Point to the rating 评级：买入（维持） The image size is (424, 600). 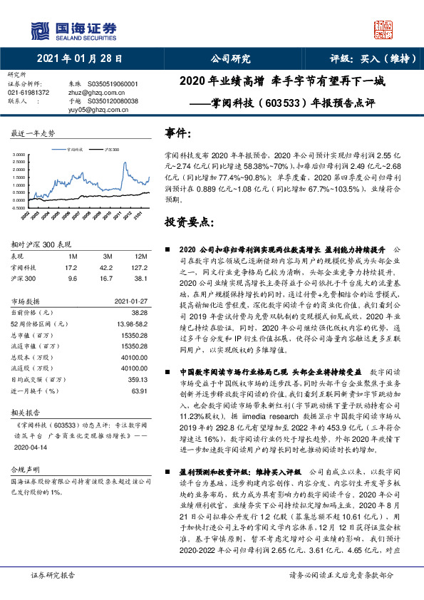pyautogui.click(x=367, y=59)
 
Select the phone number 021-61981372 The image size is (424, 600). pyautogui.click(x=29, y=93)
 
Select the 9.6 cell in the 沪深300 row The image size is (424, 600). pyautogui.click(x=71, y=279)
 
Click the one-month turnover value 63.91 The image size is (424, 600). pyautogui.click(x=138, y=391)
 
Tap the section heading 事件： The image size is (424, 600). pyautogui.click(x=178, y=133)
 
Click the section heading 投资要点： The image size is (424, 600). pyautogui.click(x=189, y=222)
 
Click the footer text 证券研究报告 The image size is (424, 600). pyautogui.click(x=51, y=575)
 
